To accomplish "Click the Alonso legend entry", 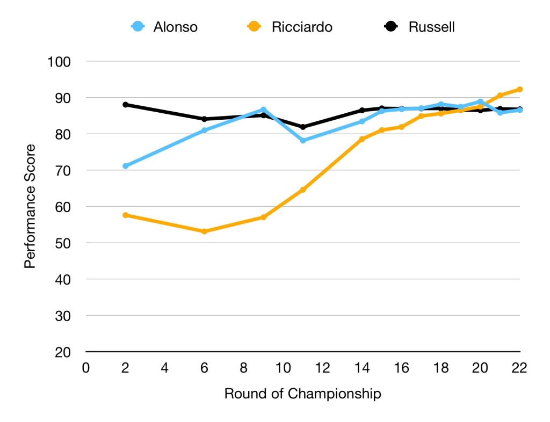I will tap(164, 27).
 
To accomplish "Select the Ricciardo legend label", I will tap(302, 27).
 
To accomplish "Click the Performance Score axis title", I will tap(31, 206).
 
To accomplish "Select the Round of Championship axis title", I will tap(302, 394).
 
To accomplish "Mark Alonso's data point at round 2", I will tap(125, 166).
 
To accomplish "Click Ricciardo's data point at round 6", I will tap(204, 231).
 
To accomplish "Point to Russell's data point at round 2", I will tap(125, 105).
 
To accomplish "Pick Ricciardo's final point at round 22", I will tap(519, 89).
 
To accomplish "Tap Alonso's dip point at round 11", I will tap(303, 141).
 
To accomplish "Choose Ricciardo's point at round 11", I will tap(303, 190).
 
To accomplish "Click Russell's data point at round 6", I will tap(204, 119).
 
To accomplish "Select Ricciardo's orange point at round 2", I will tap(125, 215).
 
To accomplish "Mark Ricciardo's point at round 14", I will tap(362, 139).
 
